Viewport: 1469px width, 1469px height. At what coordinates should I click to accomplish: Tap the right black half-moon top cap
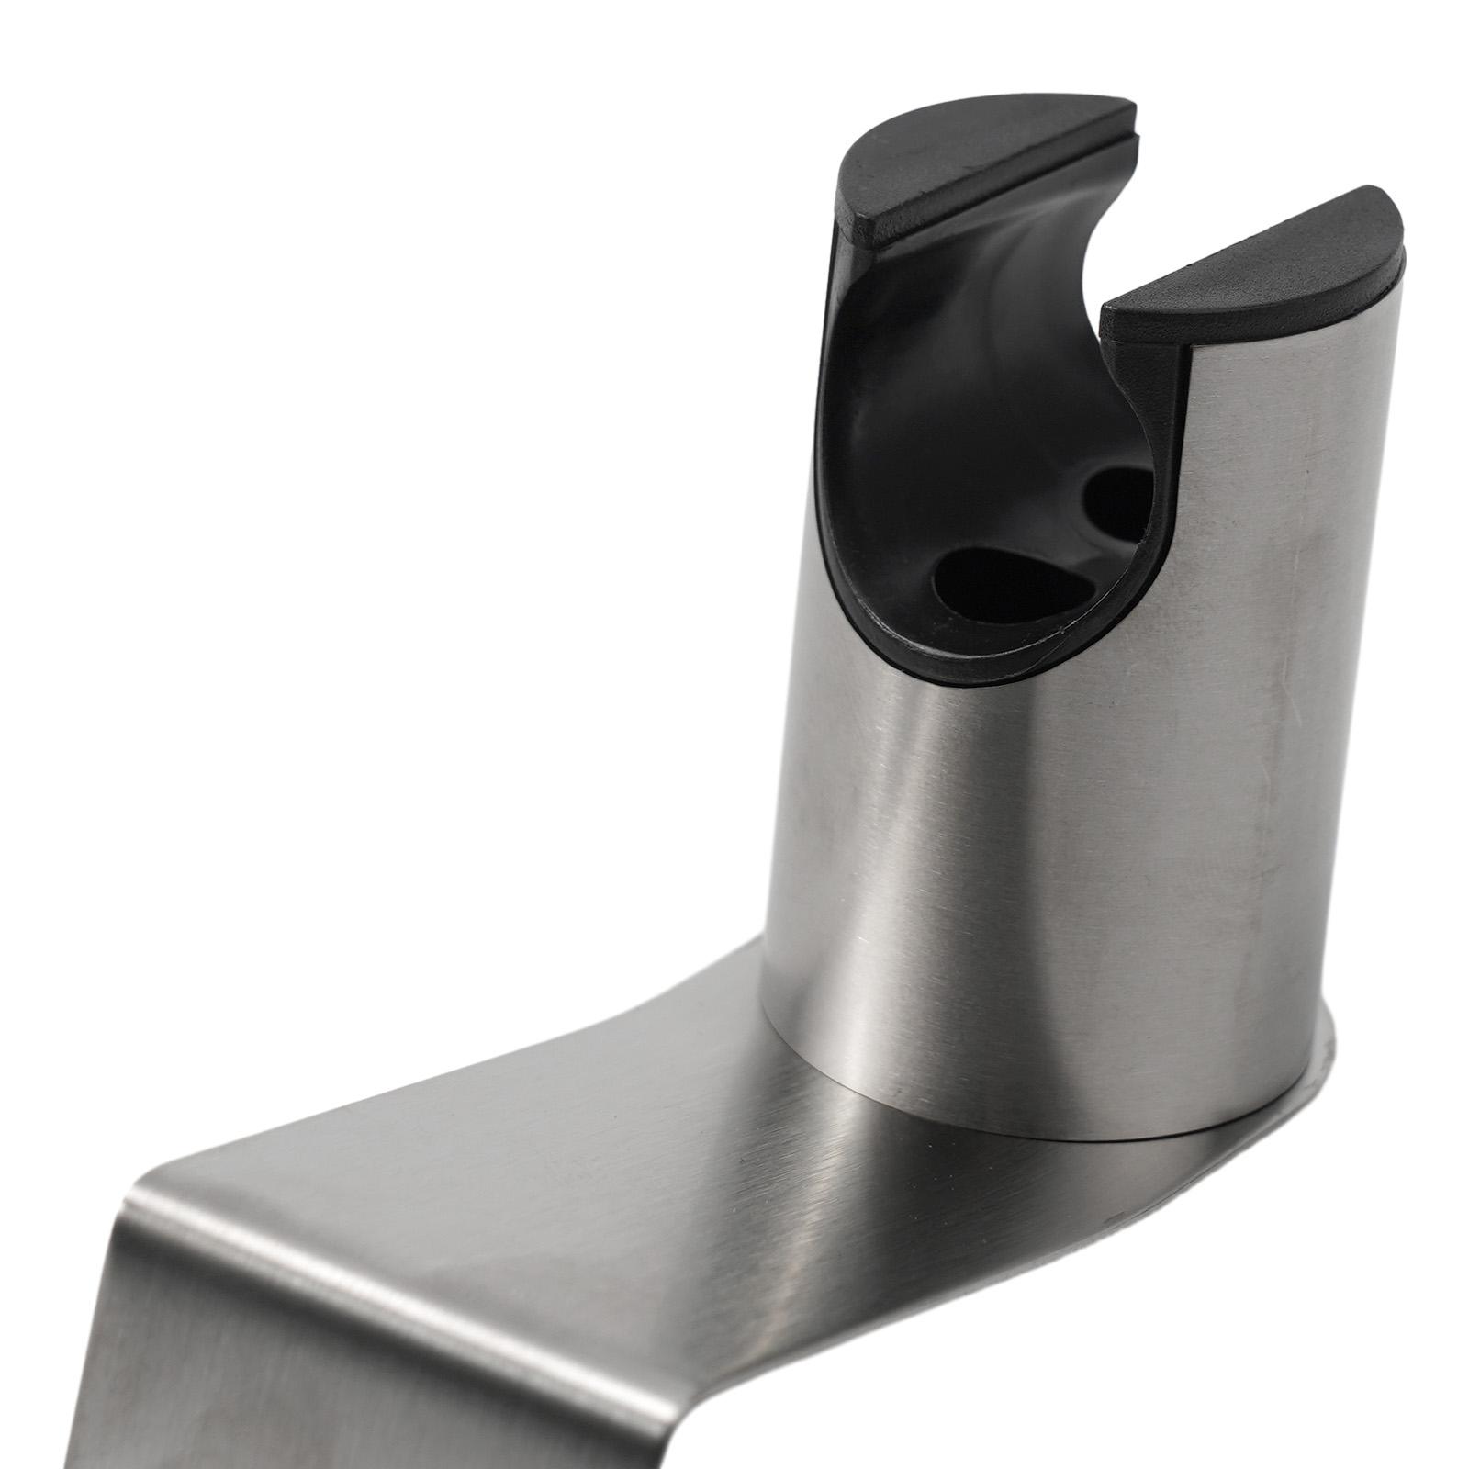[1258, 266]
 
